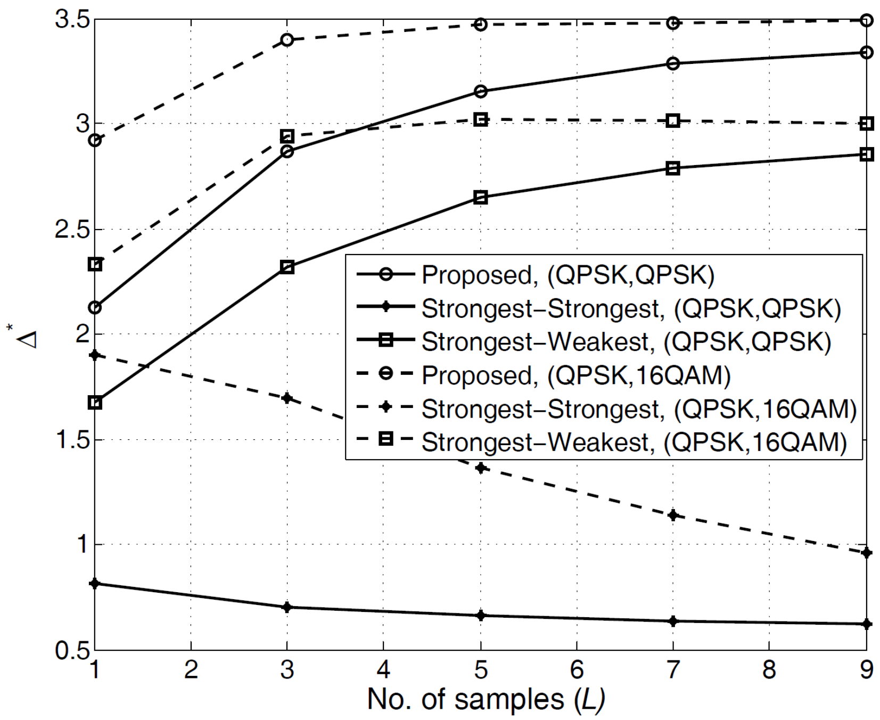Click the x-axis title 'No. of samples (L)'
(x=486, y=699)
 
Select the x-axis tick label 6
(x=577, y=669)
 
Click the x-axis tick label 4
(x=383, y=669)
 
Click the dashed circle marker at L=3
(x=287, y=39)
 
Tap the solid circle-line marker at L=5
(x=481, y=92)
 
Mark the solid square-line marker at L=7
(x=673, y=168)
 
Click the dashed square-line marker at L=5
(x=481, y=120)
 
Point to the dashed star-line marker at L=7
(x=673, y=515)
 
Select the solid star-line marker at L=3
(x=287, y=607)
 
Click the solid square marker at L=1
(x=95, y=403)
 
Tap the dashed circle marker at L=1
(x=95, y=141)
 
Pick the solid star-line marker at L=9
(x=866, y=624)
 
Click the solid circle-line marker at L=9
(x=866, y=52)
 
